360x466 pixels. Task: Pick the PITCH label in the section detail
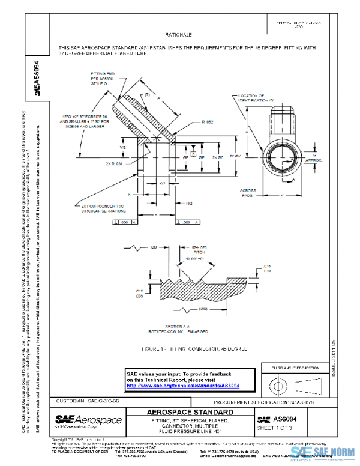tap(199, 252)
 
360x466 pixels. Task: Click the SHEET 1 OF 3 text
tap(274, 428)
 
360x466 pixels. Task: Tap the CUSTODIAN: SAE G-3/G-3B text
tap(85, 401)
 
